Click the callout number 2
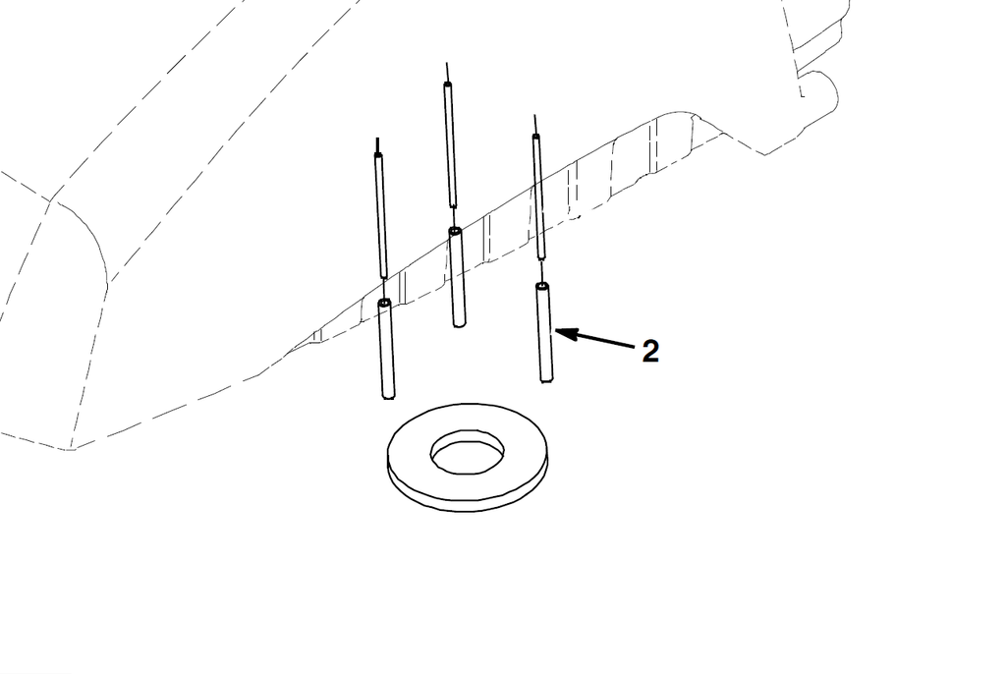point(650,352)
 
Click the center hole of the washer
point(467,452)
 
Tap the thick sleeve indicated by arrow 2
point(544,332)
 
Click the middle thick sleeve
point(457,277)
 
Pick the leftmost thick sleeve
point(386,349)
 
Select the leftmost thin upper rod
point(381,216)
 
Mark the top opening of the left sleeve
point(384,303)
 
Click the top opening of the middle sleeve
point(455,231)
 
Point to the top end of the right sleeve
point(542,286)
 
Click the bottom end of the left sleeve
point(388,397)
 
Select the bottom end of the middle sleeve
point(460,325)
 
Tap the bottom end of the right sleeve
point(546,380)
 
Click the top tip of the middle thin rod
point(447,63)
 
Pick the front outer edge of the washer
point(469,506)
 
